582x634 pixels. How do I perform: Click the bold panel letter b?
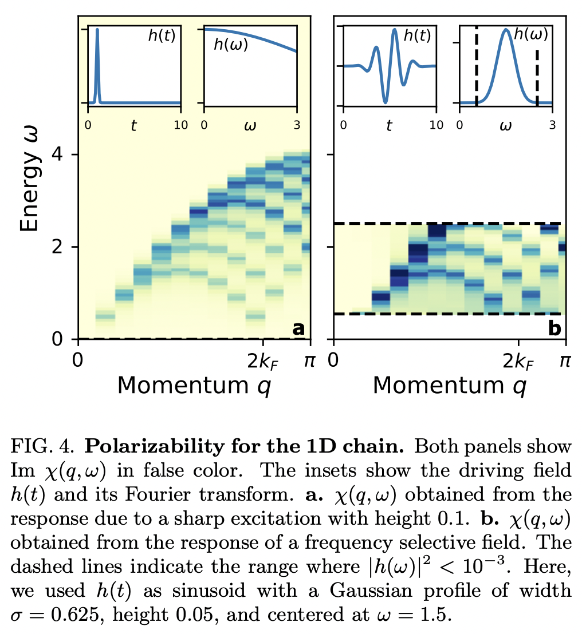[x=554, y=328]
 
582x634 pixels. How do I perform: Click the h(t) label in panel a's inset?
[x=161, y=35]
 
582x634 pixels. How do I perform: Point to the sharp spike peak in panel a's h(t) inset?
[x=97, y=30]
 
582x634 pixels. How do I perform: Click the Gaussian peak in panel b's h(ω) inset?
[x=505, y=30]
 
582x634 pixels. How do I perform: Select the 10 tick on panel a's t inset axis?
[x=180, y=125]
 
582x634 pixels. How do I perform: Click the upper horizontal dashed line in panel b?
[x=447, y=223]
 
